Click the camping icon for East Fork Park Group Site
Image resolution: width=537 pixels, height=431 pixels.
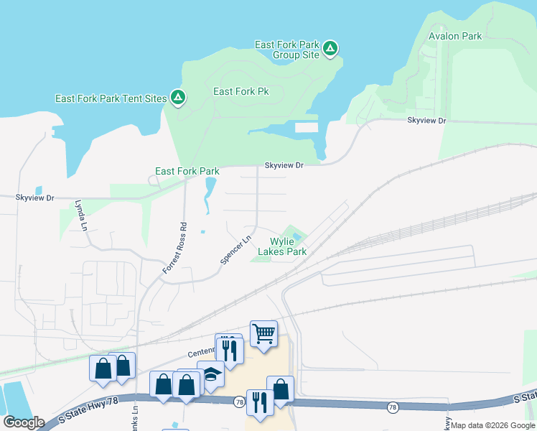click(330, 49)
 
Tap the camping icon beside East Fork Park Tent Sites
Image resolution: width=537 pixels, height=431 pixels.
click(177, 98)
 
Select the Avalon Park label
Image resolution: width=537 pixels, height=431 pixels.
click(455, 35)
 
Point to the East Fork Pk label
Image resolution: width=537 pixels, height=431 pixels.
click(241, 91)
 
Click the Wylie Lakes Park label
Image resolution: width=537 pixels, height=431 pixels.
click(288, 246)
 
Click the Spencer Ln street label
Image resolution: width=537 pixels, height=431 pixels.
click(235, 250)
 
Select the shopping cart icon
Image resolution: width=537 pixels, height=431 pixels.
click(264, 333)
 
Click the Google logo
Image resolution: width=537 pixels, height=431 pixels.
click(23, 422)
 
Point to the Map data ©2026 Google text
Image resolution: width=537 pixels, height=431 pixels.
click(492, 425)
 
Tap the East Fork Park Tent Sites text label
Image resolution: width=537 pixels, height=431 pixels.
click(111, 98)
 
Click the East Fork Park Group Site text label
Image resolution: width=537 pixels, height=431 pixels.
click(287, 49)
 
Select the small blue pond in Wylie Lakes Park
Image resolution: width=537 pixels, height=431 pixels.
click(296, 238)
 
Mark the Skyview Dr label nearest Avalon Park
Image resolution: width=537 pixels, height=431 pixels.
click(426, 121)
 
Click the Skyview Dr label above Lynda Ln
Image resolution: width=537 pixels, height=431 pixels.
click(35, 197)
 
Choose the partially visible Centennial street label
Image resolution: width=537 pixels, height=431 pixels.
click(201, 353)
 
